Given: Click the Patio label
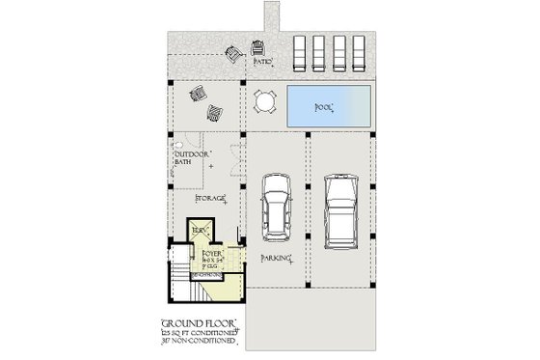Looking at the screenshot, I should point(262,62).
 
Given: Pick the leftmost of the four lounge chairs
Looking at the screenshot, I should point(300,49).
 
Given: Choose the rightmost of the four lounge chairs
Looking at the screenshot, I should point(358,49).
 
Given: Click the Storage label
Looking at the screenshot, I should point(210,197).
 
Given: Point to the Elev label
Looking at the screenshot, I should point(200,230).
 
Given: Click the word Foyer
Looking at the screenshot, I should point(211,253).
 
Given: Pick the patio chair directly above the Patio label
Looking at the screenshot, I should point(258,45).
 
